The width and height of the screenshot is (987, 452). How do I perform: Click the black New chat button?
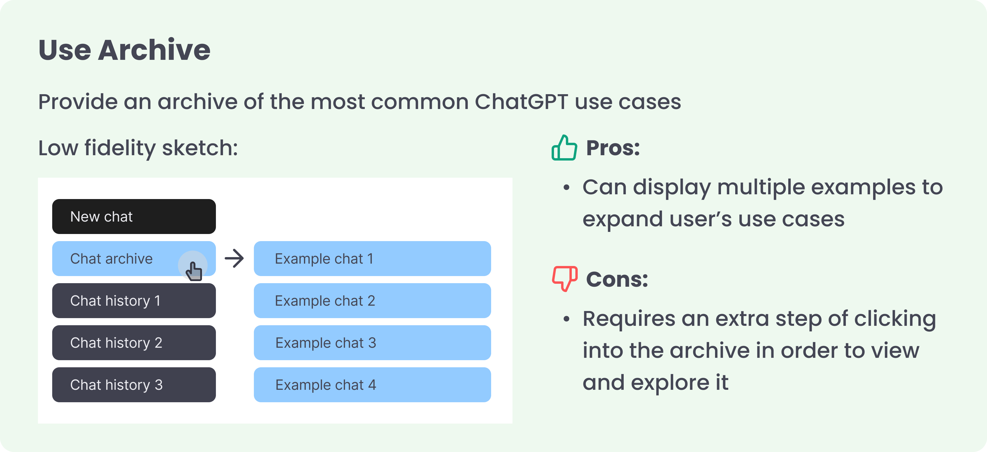coord(134,216)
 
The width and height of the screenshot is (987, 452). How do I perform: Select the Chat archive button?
coord(134,258)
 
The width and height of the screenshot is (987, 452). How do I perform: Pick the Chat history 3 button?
coord(134,385)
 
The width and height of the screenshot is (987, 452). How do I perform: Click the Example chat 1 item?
coord(372,258)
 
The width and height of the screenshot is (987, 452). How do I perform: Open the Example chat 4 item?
coord(372,385)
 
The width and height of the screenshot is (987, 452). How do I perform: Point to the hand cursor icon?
coord(194,271)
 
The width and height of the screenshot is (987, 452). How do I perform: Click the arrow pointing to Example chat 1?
coord(234,258)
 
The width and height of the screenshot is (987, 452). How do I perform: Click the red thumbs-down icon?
coord(565,279)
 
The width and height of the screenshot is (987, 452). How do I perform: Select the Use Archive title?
coord(125,50)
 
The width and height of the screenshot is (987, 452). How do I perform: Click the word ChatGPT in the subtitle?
coord(521,102)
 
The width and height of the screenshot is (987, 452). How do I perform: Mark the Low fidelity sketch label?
coord(138,148)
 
